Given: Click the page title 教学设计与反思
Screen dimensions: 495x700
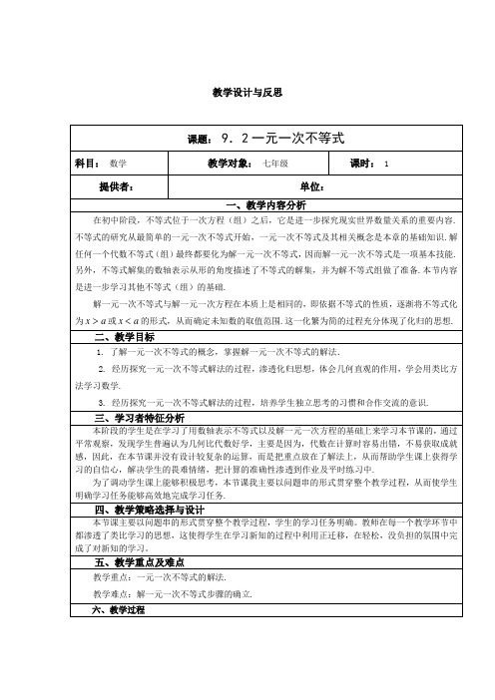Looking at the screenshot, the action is [x=248, y=92].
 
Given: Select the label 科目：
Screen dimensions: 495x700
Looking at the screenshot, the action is [x=87, y=163].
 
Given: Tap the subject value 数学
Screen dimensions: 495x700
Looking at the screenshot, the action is [x=117, y=164].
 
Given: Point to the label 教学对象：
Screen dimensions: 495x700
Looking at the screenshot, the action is [x=231, y=163].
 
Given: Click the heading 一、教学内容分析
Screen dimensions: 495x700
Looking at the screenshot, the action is [x=261, y=204].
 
